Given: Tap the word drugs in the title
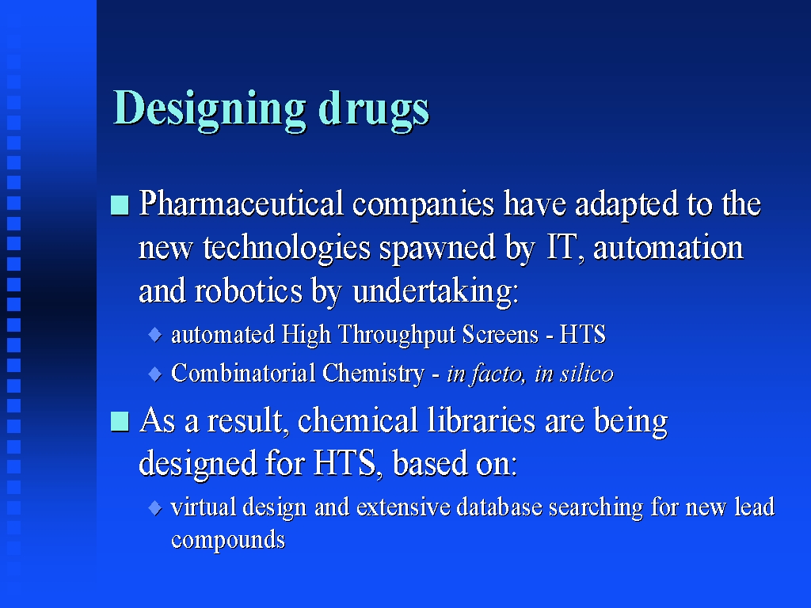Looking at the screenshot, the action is (374, 110).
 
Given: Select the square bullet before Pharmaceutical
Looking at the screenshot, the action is (120, 205).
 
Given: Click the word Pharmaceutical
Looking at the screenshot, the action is (241, 203).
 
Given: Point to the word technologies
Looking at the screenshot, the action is (287, 248).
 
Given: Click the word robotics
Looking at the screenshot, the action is (248, 290).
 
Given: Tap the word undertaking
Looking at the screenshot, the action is (435, 291).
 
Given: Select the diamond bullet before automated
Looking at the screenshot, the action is (155, 335).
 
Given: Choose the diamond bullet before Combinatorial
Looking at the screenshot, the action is (155, 374).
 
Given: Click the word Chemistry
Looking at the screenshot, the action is (372, 374).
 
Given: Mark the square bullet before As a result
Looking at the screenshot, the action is (120, 421).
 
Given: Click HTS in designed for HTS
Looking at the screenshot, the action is (345, 462).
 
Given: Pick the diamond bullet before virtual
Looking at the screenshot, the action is (155, 507).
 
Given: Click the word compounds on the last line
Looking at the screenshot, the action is (228, 540).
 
